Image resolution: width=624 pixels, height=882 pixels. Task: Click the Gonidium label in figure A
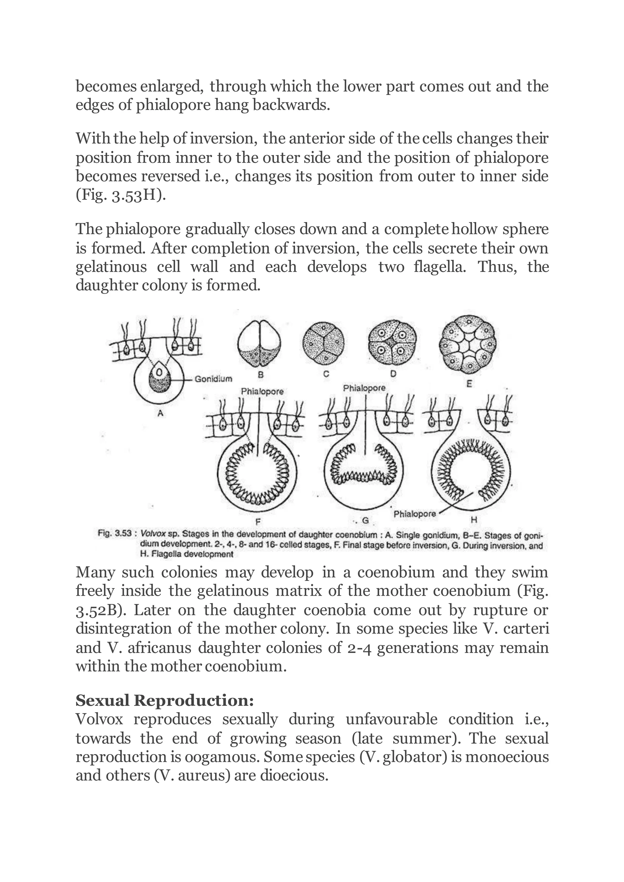click(x=213, y=379)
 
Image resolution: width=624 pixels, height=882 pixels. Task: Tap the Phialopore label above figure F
click(x=262, y=391)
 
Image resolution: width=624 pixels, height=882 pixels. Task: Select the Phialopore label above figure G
click(x=364, y=388)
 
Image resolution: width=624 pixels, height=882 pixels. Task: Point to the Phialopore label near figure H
click(x=415, y=513)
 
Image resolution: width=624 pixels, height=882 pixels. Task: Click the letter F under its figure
click(x=258, y=521)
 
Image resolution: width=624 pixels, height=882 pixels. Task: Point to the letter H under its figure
click(x=474, y=520)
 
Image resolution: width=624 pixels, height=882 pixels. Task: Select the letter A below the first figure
click(x=161, y=413)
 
